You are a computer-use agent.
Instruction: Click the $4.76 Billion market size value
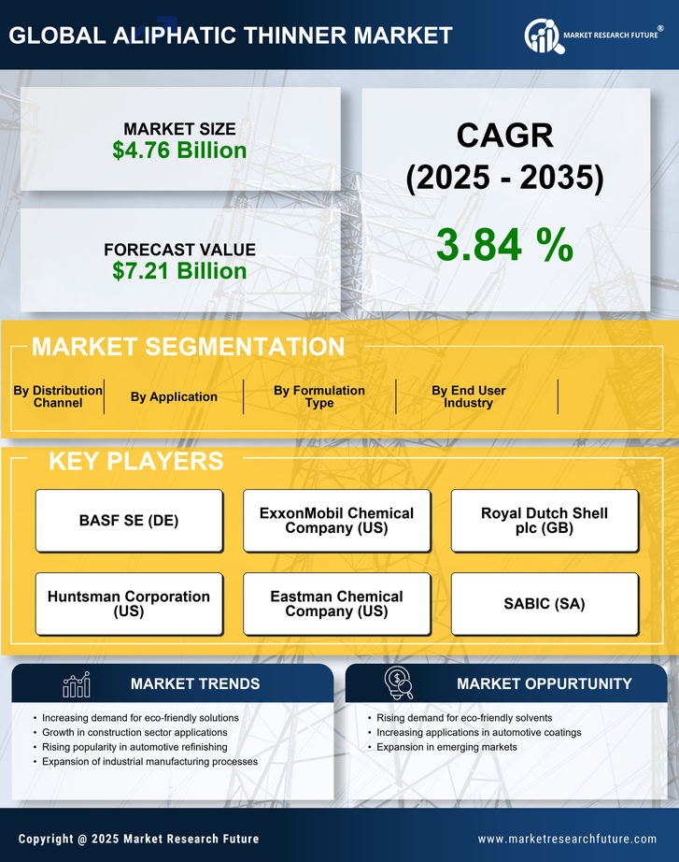tap(180, 151)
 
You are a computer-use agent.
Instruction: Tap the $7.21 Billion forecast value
tap(180, 271)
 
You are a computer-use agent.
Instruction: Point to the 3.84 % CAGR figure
tap(504, 245)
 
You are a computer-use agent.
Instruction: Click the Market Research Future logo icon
tap(542, 36)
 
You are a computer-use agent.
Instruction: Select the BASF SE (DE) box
tap(129, 521)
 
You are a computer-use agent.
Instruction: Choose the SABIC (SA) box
tap(545, 604)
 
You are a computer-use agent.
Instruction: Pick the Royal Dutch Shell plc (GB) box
tap(545, 521)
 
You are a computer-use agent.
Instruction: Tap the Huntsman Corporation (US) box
tap(129, 604)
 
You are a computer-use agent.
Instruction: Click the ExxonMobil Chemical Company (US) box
tap(336, 521)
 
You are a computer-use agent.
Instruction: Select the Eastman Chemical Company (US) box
tap(336, 604)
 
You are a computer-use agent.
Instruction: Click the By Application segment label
tap(174, 396)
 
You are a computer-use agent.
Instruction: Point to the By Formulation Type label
tap(319, 396)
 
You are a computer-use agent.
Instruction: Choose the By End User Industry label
tap(469, 396)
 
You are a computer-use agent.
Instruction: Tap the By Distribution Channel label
tap(58, 396)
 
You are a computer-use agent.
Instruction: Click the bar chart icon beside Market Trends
tap(76, 684)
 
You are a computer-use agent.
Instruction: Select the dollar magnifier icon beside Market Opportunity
tap(398, 683)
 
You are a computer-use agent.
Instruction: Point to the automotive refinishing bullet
tap(134, 747)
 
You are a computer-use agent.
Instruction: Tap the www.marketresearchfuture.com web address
tap(567, 839)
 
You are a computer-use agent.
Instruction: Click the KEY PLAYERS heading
tap(135, 461)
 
